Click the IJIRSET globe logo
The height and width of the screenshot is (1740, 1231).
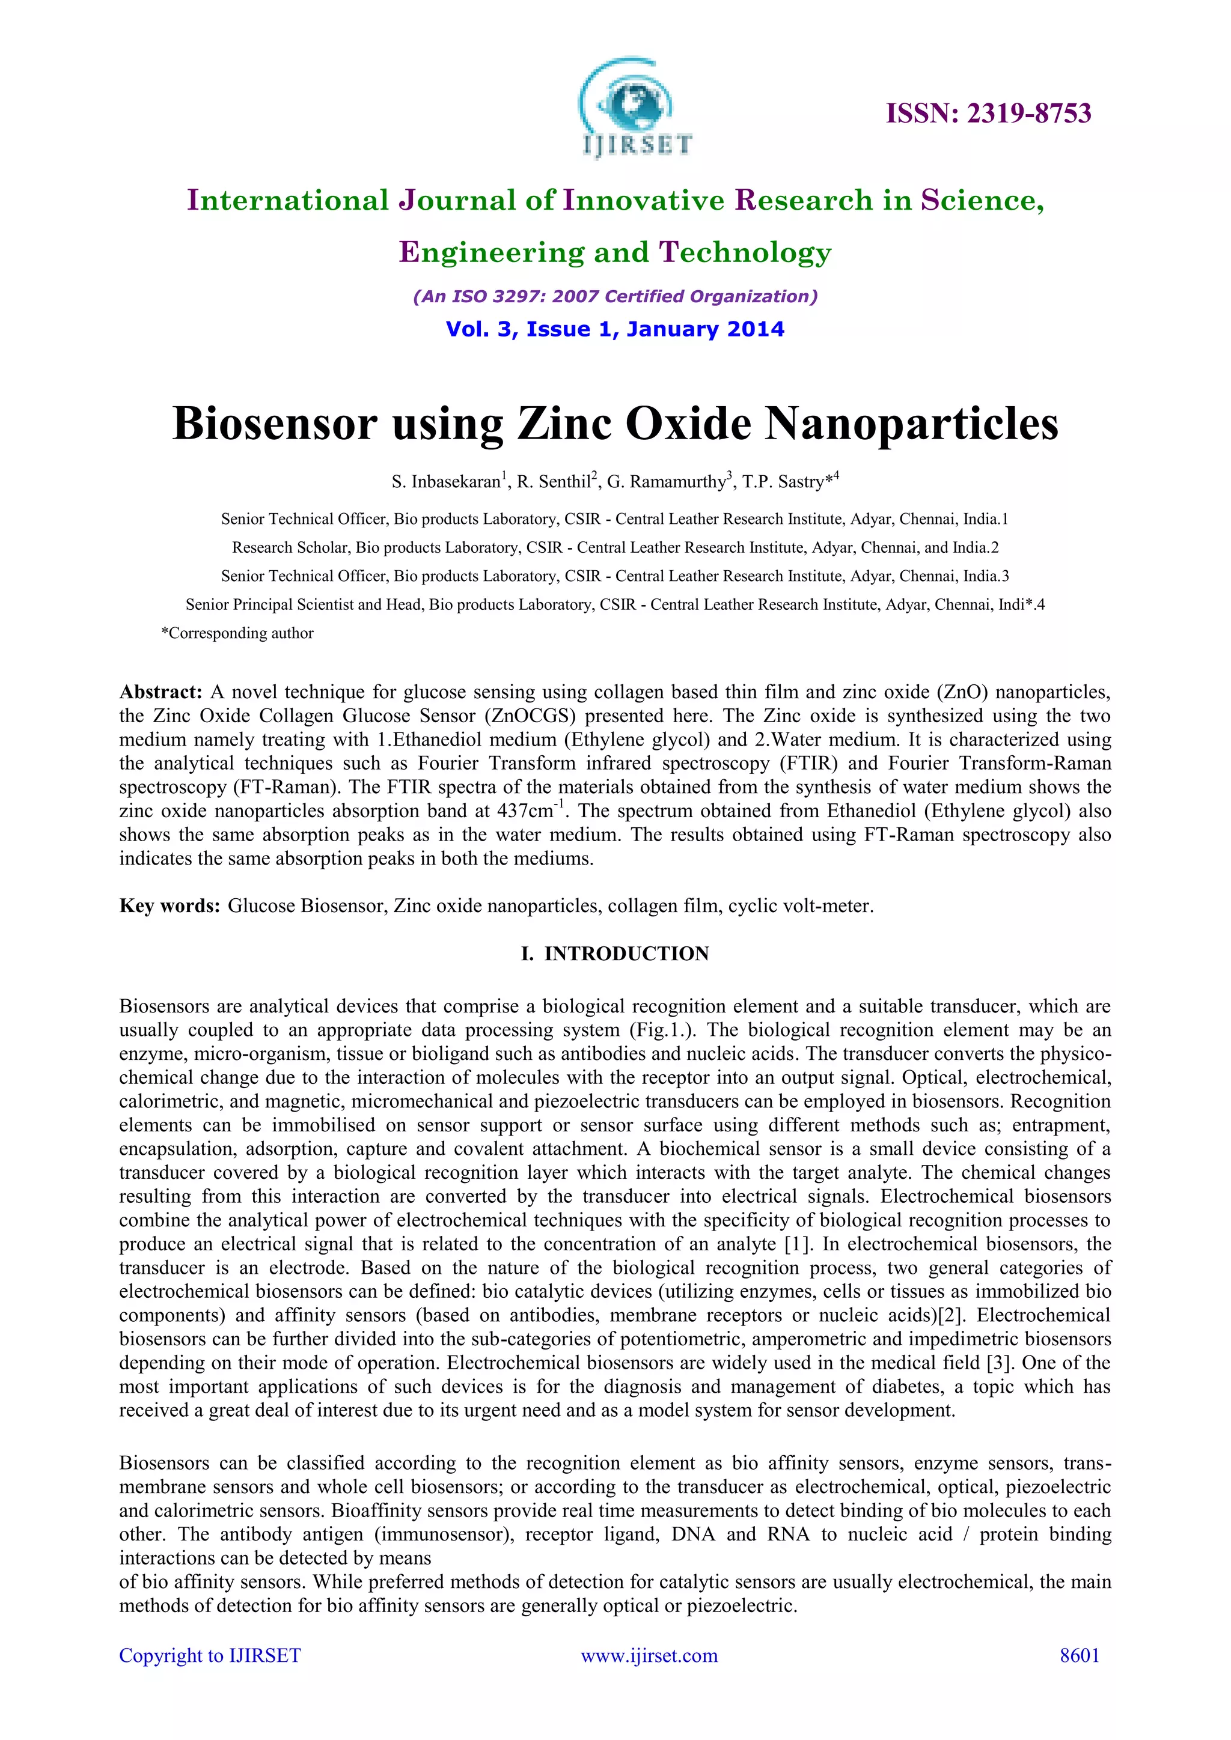pyautogui.click(x=635, y=108)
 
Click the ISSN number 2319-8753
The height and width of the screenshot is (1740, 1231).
pyautogui.click(x=988, y=114)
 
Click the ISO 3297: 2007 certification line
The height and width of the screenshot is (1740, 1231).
pyautogui.click(x=615, y=296)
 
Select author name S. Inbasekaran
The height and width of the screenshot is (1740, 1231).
pyautogui.click(x=447, y=482)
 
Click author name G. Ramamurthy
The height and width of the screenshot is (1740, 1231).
pyautogui.click(x=666, y=482)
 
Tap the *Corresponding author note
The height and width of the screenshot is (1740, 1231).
pyautogui.click(x=237, y=633)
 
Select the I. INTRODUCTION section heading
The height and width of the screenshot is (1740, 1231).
pyautogui.click(x=615, y=954)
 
